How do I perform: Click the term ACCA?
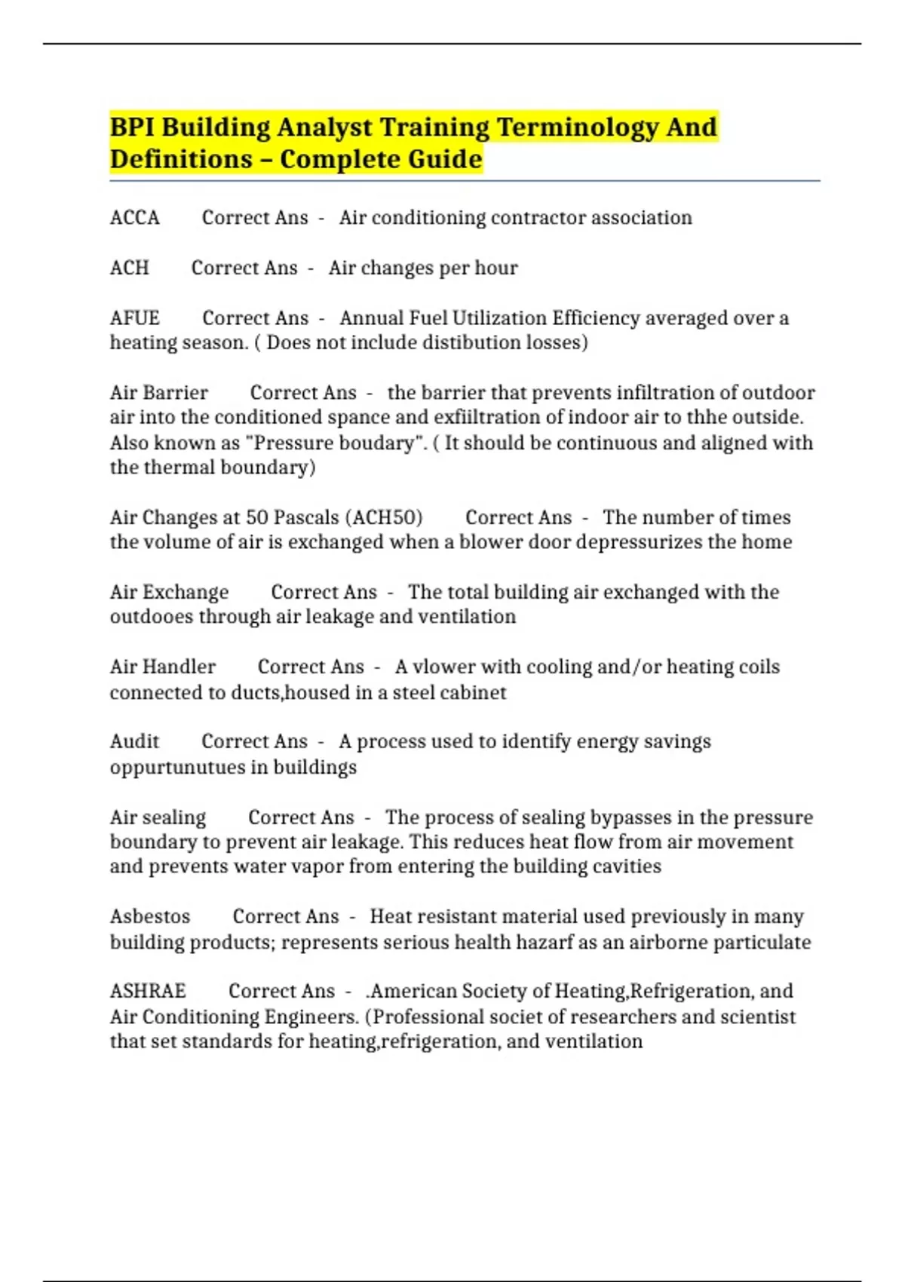click(x=134, y=218)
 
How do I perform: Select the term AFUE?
click(x=134, y=318)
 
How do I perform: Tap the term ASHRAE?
click(x=148, y=991)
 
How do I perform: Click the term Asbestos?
click(x=150, y=916)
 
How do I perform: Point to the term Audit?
click(x=134, y=741)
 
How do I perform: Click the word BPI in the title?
click(x=132, y=127)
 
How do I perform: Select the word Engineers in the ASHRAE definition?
click(x=311, y=1017)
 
